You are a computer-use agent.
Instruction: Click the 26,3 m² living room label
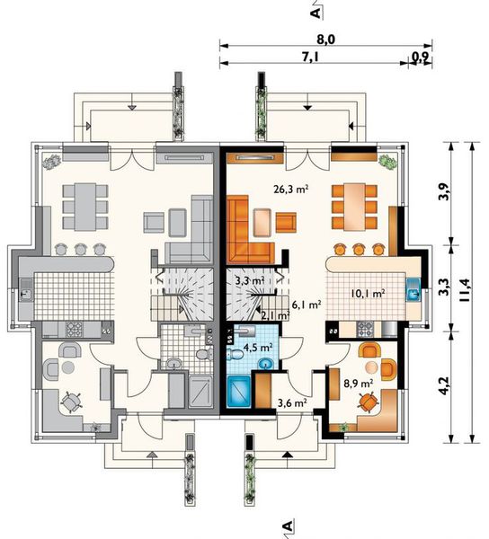click(290, 189)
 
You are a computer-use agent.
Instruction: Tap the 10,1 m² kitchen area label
click(368, 293)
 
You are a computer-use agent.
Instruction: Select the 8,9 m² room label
click(359, 383)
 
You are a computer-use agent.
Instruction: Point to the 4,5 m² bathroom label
click(258, 347)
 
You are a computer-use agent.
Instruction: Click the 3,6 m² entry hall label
click(292, 402)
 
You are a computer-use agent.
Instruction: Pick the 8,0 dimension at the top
click(325, 40)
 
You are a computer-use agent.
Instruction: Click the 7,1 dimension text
click(310, 57)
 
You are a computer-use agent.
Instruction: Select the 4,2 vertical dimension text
click(444, 385)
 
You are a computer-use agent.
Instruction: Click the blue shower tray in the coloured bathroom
click(238, 391)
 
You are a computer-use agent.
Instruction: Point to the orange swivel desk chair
click(369, 402)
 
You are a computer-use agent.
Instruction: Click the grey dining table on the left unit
click(85, 207)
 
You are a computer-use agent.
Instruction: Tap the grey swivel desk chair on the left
click(71, 402)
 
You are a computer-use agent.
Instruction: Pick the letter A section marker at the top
click(316, 13)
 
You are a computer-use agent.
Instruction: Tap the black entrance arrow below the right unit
click(288, 455)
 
